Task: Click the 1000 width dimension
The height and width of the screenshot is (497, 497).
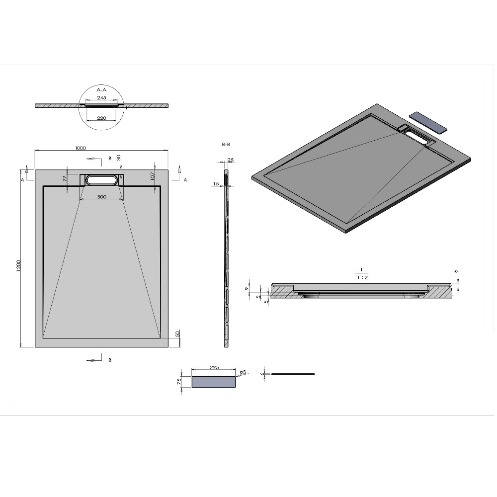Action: click(81, 148)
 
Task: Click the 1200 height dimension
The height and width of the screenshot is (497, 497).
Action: click(18, 266)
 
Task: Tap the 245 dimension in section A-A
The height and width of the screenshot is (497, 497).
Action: click(101, 97)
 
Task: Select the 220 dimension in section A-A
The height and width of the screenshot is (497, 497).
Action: click(101, 118)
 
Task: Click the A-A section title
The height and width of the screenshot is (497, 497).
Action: click(101, 90)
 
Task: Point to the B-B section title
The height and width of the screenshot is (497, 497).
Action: click(226, 145)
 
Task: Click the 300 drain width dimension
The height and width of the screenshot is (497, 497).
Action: click(101, 197)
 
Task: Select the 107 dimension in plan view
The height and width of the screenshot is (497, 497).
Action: click(152, 176)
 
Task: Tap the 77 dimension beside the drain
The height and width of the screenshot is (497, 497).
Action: click(65, 178)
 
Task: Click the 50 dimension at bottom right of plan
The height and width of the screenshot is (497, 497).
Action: click(177, 333)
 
